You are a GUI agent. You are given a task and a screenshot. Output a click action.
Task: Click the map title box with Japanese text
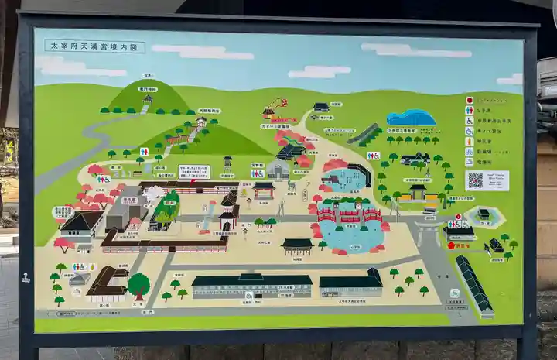click(94, 46)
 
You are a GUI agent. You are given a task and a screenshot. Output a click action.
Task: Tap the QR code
click(475, 180)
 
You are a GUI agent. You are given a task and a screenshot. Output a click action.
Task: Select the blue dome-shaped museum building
click(411, 118)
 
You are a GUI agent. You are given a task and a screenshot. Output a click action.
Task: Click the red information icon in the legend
click(469, 100)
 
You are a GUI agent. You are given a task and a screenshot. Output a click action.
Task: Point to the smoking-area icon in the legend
click(469, 162)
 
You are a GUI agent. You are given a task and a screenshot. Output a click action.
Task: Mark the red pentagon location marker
click(451, 245)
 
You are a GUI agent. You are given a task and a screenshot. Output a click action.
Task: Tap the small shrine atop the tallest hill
click(147, 99)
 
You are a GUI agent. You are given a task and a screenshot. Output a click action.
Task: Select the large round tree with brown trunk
click(138, 285)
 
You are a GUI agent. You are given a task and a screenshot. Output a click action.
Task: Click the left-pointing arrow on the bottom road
click(57, 314)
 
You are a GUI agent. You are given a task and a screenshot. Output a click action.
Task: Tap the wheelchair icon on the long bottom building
click(249, 295)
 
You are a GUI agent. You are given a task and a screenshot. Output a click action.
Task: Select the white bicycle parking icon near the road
click(454, 293)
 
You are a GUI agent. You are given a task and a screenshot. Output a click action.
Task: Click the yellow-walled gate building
click(419, 192)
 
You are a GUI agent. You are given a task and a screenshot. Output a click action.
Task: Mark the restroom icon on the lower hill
click(144, 152)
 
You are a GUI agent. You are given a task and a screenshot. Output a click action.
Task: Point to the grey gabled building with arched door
click(278, 170)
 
